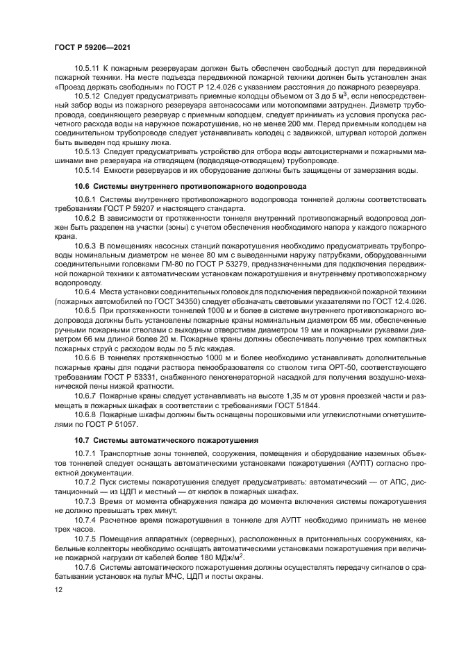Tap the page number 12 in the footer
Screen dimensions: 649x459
(x=59, y=589)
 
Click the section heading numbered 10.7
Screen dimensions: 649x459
(x=166, y=439)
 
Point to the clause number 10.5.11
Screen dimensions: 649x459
(x=88, y=69)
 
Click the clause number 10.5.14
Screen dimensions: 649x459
(x=88, y=169)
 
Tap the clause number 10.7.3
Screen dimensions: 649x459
(x=86, y=500)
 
